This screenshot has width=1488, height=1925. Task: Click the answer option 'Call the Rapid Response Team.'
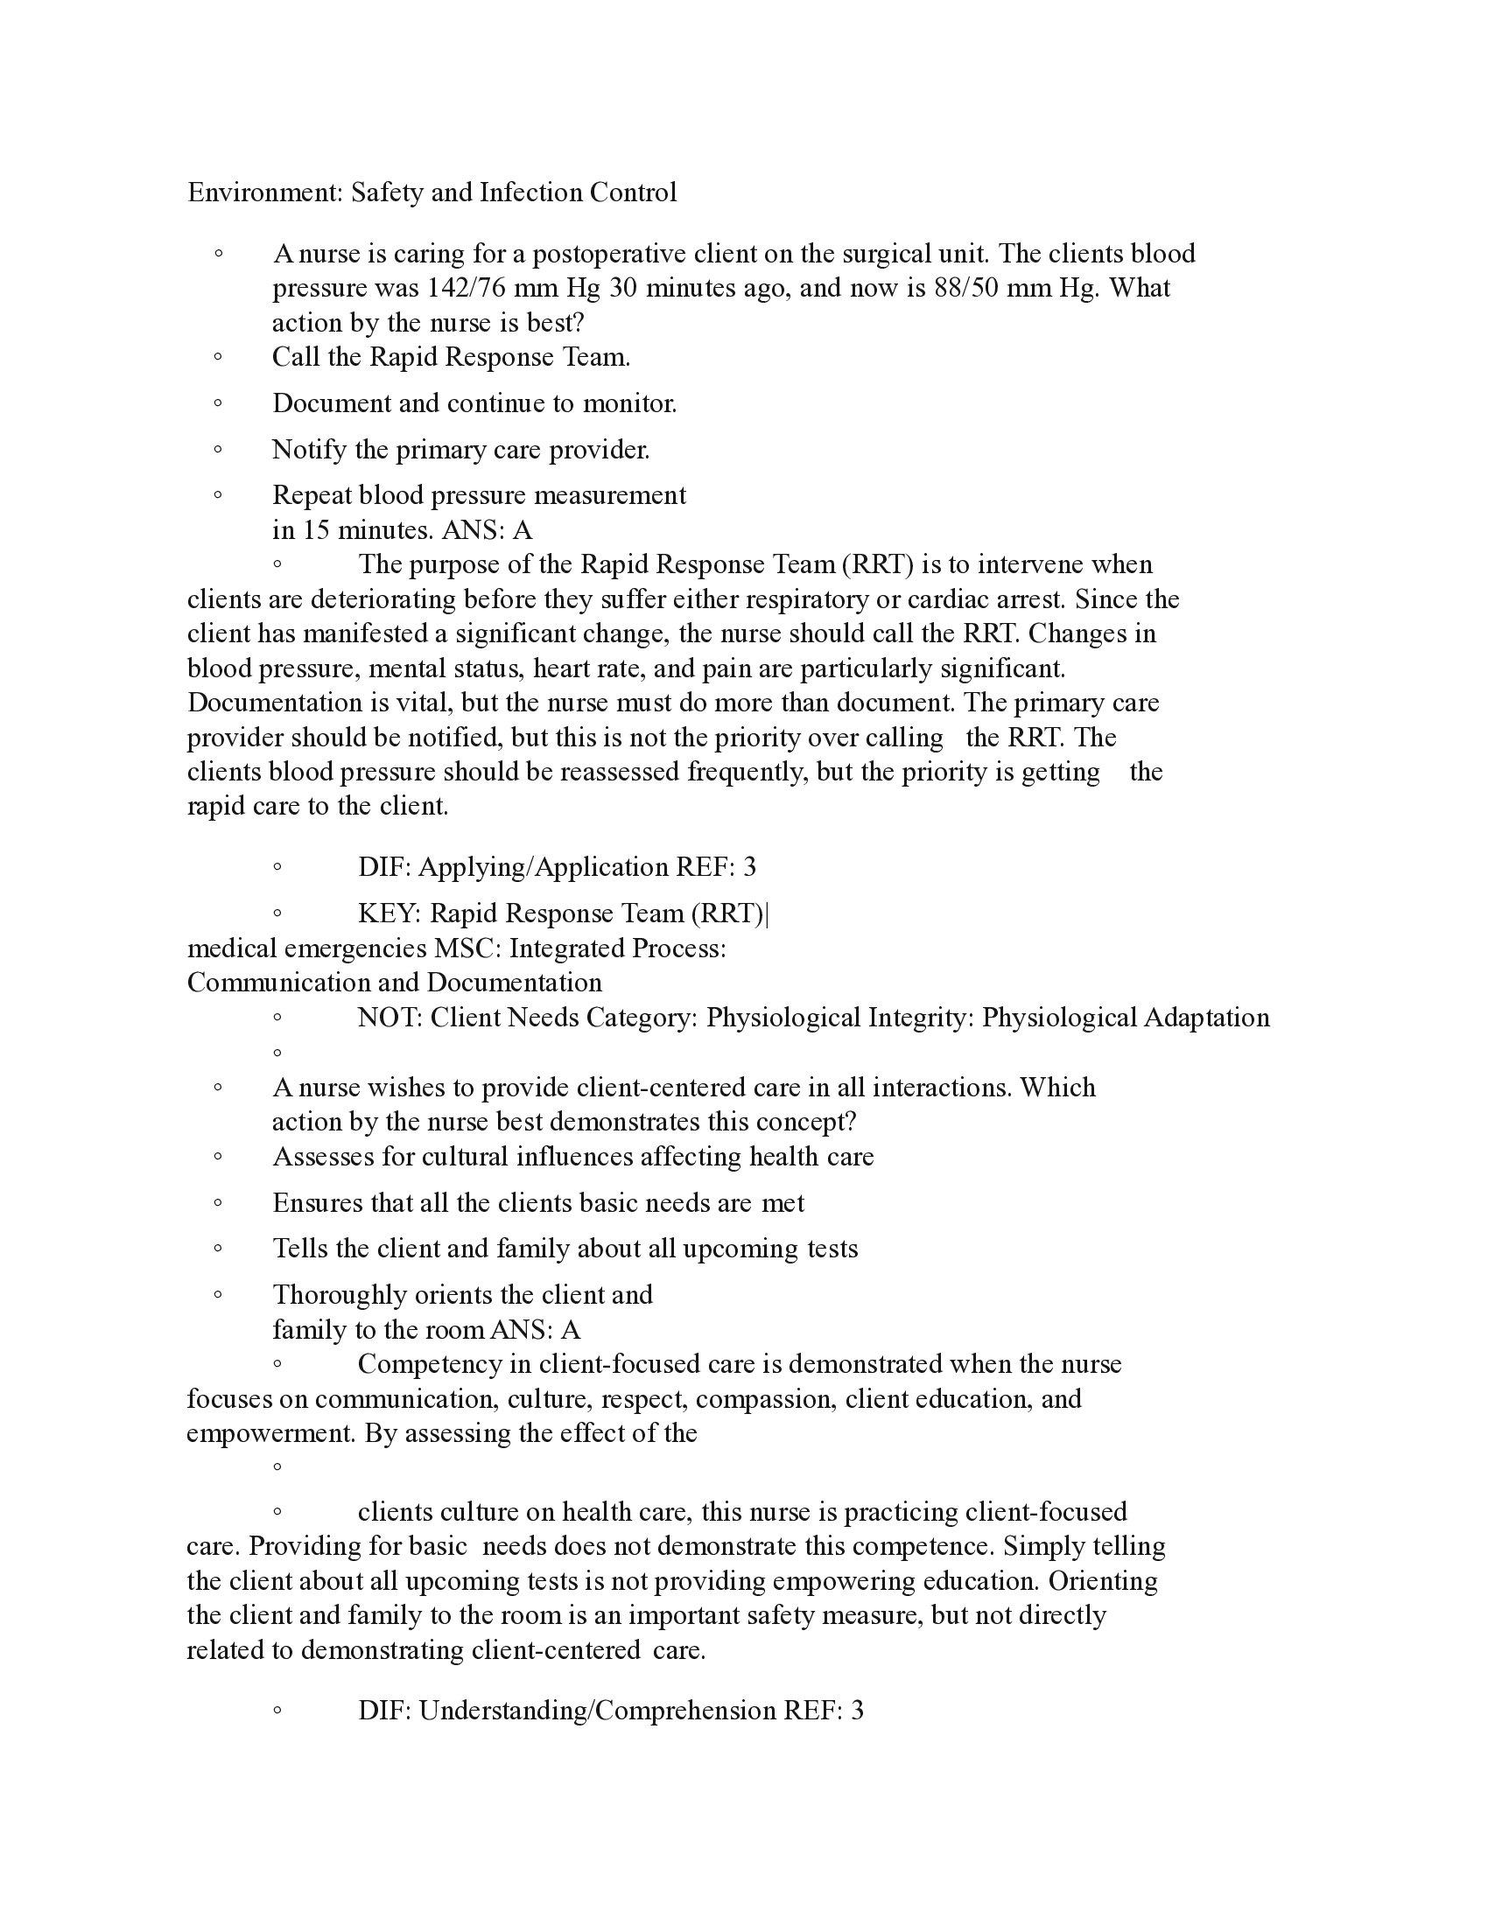[x=451, y=357]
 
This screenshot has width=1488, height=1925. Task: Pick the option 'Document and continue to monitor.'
[x=474, y=403]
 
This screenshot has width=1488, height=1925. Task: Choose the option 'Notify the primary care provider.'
[x=460, y=450]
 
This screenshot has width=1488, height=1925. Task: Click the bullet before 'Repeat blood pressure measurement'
[x=218, y=495]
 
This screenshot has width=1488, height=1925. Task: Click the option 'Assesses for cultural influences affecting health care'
[x=573, y=1157]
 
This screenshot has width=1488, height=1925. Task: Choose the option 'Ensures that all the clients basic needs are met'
[x=537, y=1203]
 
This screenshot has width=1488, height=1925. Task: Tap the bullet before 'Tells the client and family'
[x=218, y=1249]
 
